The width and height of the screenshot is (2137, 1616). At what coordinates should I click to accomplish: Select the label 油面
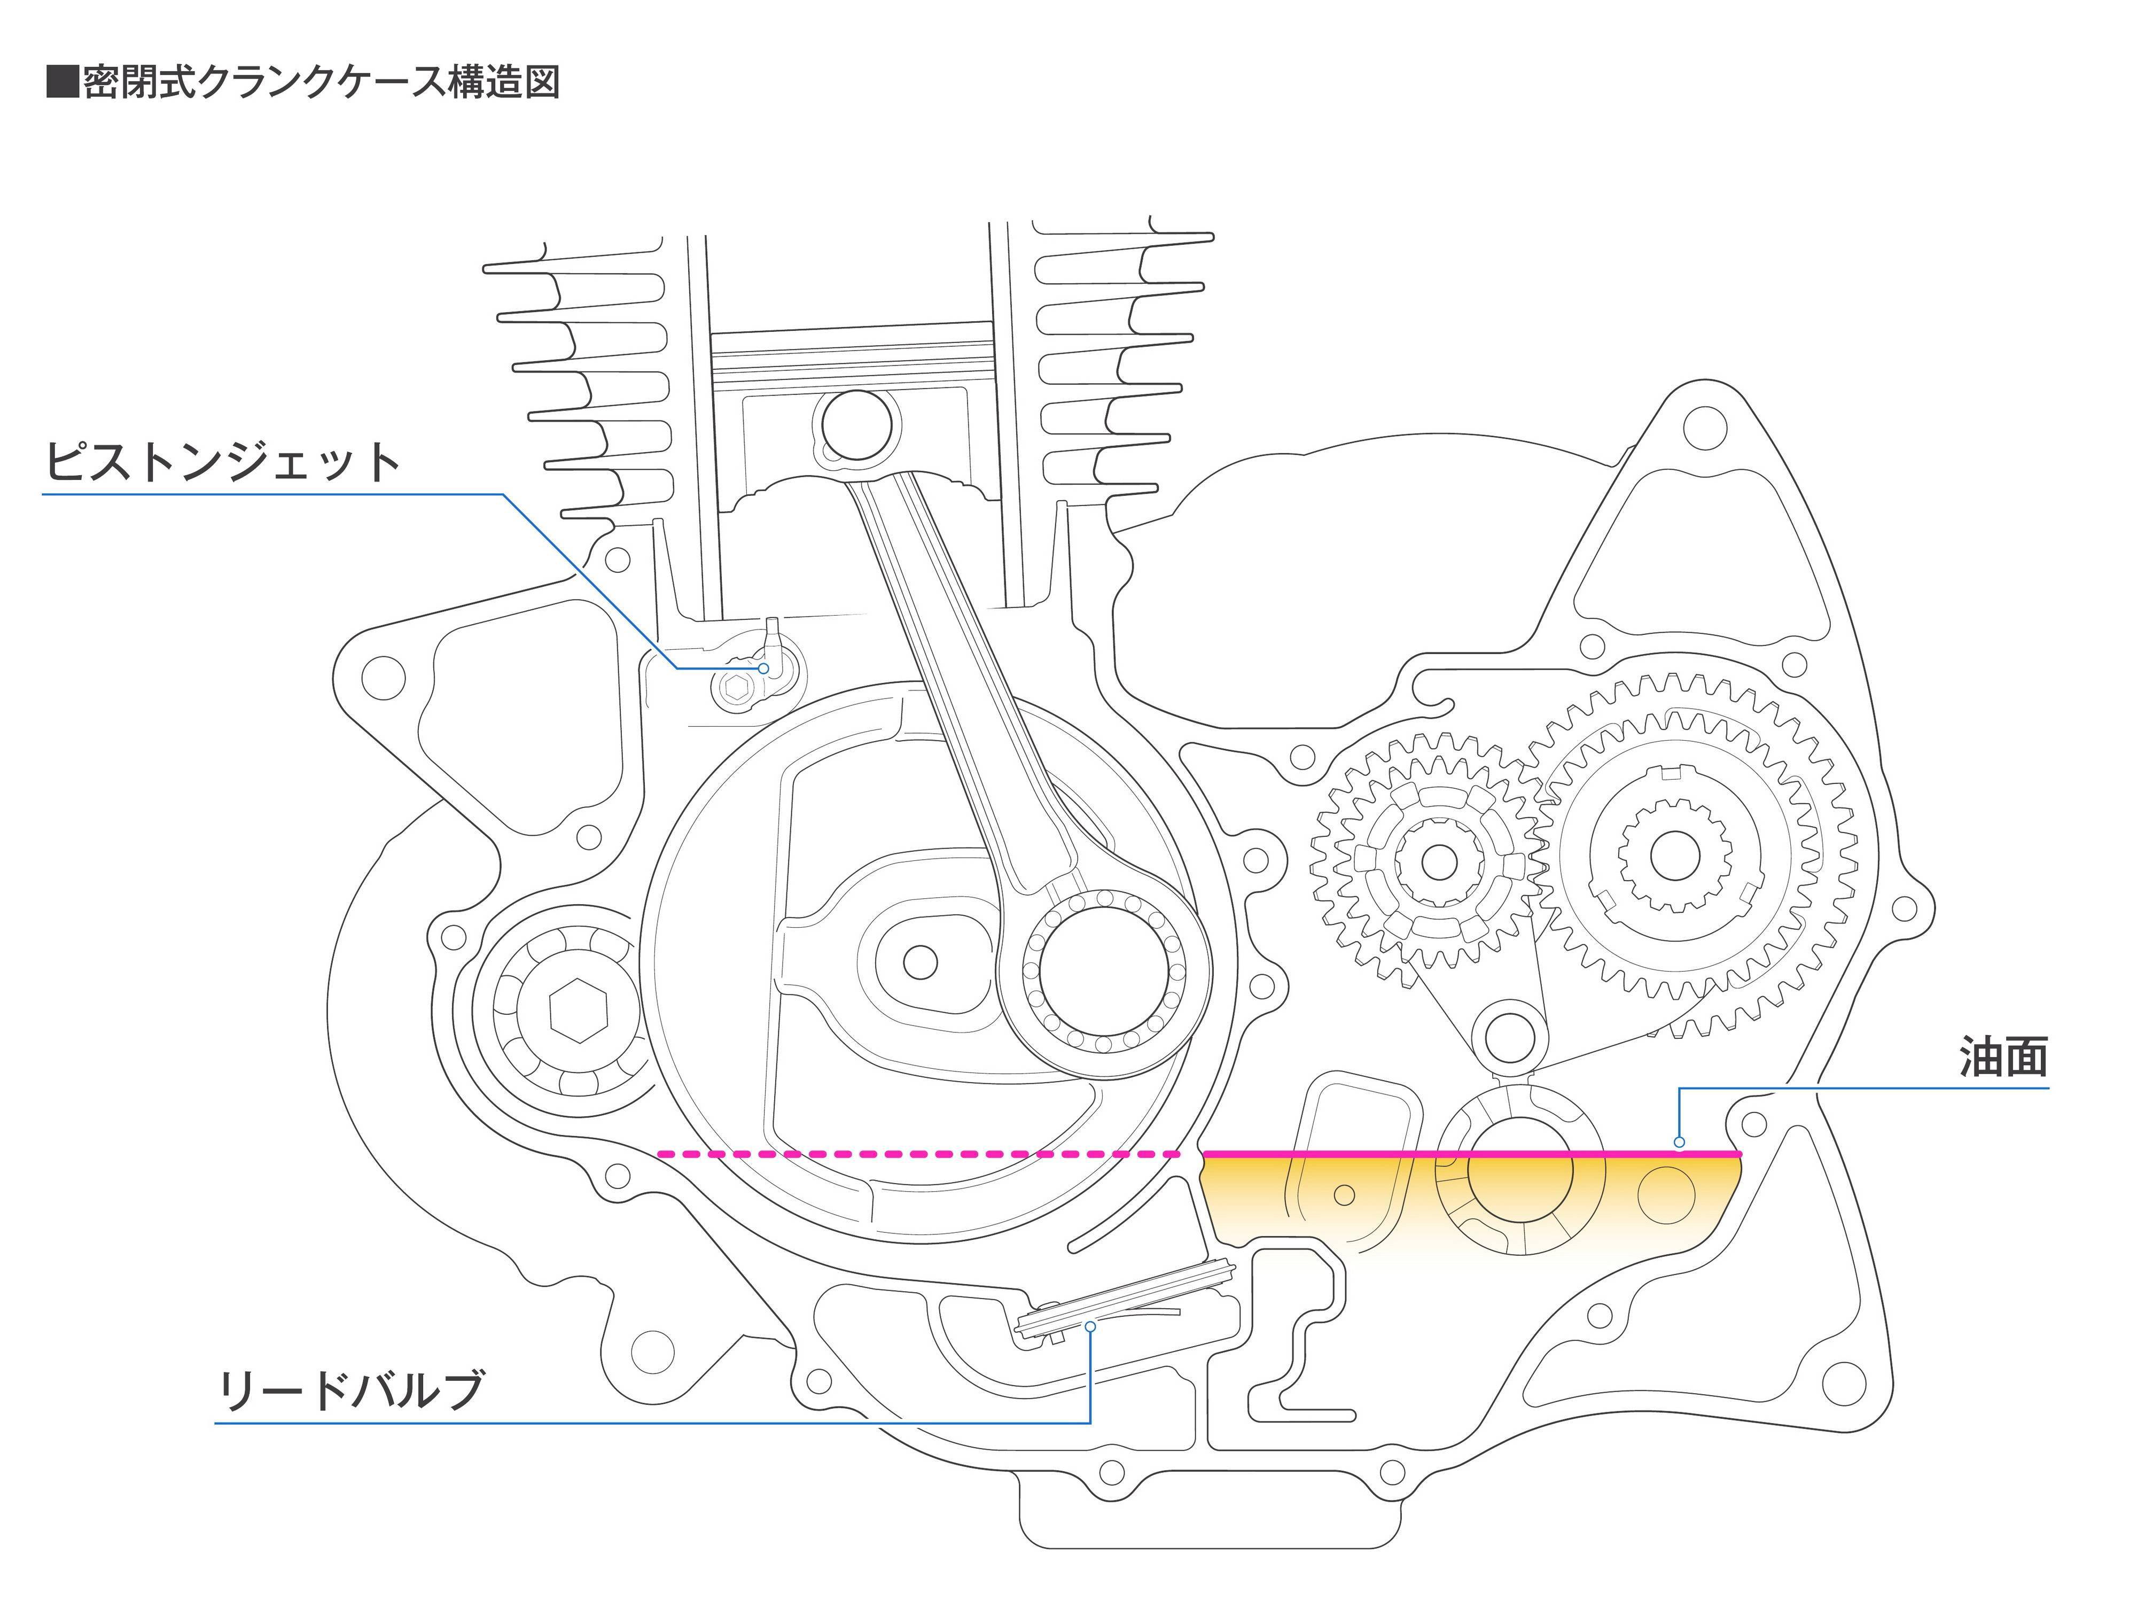pos(2003,1058)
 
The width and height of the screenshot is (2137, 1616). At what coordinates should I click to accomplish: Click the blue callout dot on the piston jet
pos(763,668)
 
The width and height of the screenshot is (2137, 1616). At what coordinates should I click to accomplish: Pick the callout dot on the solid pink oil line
pos(1679,1143)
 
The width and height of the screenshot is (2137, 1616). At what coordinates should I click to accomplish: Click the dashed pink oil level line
pos(918,1154)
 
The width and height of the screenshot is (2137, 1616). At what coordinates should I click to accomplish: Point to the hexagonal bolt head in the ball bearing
pos(578,1009)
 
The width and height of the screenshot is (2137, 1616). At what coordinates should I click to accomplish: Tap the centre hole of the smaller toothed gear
pos(1439,861)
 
